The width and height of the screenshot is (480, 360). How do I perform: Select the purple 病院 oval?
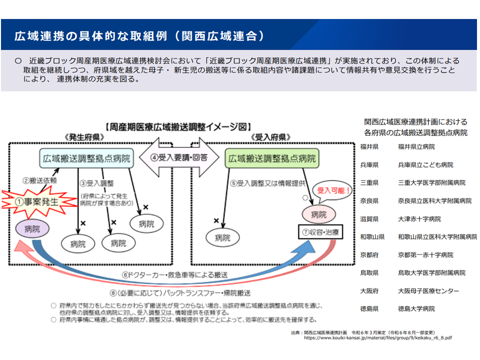click(32, 229)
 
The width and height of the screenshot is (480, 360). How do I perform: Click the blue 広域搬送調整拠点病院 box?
click(86, 159)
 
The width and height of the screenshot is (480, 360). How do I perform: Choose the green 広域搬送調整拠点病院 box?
click(272, 159)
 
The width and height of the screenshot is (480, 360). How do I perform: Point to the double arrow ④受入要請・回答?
click(179, 157)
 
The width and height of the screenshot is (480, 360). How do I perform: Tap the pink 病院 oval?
click(318, 214)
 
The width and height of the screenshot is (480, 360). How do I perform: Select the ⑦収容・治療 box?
click(318, 232)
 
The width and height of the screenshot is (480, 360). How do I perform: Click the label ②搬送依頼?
click(39, 179)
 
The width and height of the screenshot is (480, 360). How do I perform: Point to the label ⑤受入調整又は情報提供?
click(267, 183)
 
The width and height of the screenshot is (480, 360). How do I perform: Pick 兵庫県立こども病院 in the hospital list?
click(425, 164)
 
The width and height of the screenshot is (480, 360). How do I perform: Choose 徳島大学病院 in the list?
click(416, 308)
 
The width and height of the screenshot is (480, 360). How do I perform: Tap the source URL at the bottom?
click(378, 337)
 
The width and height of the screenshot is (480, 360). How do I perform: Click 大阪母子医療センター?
click(428, 290)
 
